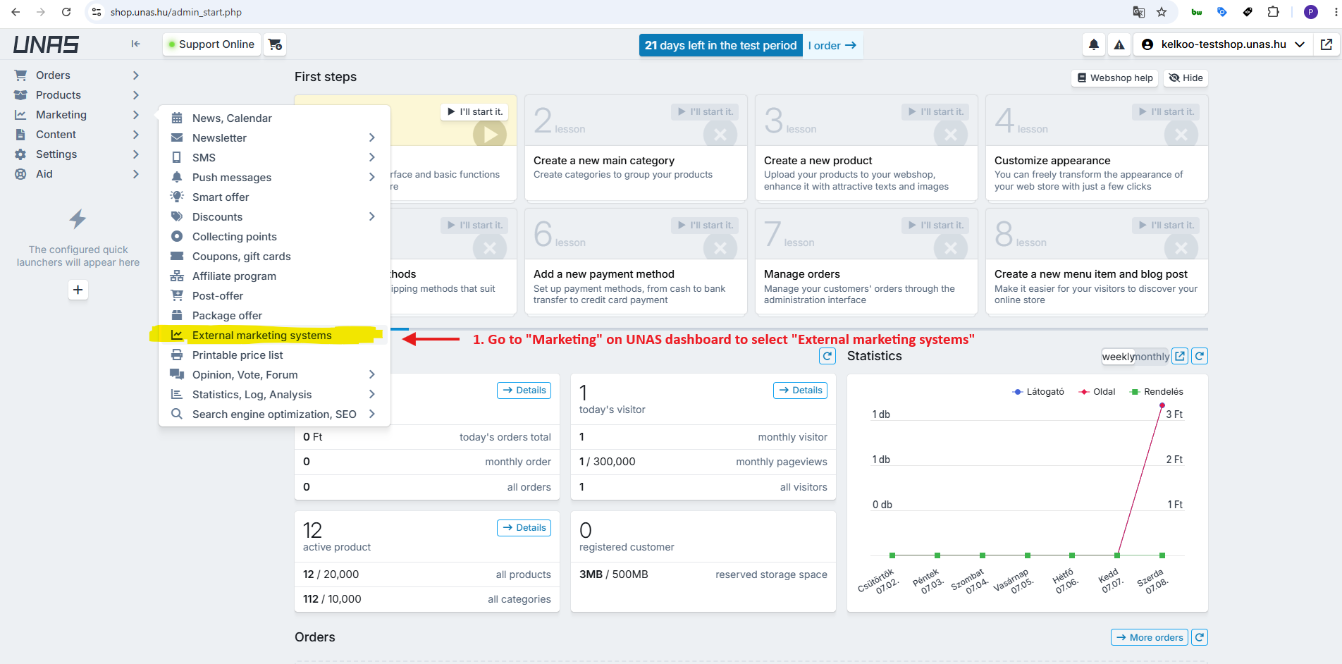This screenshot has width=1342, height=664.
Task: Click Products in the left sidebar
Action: (x=58, y=95)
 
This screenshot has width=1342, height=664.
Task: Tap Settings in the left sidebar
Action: (x=56, y=154)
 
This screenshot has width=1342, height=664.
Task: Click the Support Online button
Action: (x=211, y=44)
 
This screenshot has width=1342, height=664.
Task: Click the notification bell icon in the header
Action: (x=1093, y=44)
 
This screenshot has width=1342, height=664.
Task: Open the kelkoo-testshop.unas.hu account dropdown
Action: (x=1223, y=44)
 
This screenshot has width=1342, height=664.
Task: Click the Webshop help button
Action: (x=1115, y=78)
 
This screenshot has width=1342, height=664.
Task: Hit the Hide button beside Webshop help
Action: (x=1186, y=78)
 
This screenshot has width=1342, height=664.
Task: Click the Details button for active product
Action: (x=524, y=528)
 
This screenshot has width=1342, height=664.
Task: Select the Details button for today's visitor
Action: (x=801, y=391)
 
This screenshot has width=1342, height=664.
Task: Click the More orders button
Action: (x=1150, y=638)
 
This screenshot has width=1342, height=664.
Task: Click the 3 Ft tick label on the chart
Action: (x=1174, y=414)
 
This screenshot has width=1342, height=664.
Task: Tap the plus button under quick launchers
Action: (x=78, y=290)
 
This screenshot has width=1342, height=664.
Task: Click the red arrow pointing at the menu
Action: (x=431, y=339)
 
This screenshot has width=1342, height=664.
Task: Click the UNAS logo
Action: (x=46, y=44)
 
